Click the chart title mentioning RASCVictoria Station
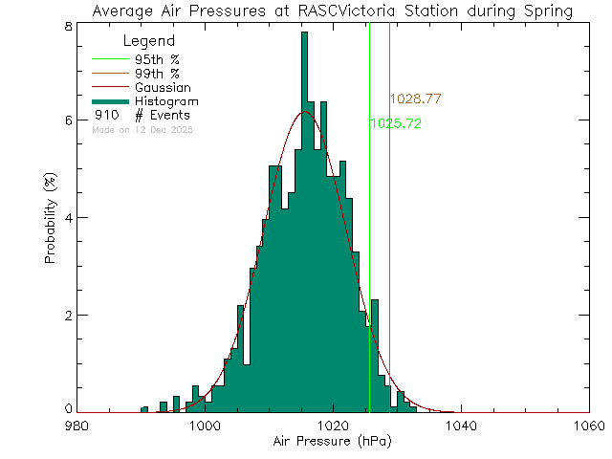coord(333,11)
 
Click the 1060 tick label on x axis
coord(588,426)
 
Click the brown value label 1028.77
coord(415,99)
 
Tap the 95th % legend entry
coord(157,58)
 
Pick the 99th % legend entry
coord(157,73)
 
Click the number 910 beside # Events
coord(106,115)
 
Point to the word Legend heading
coord(150,41)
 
